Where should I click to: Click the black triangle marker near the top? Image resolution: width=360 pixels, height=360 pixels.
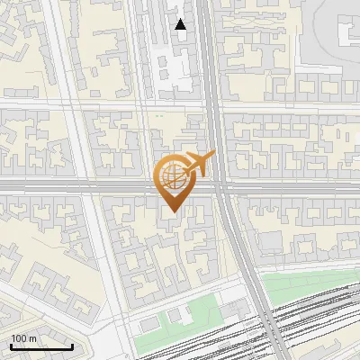181,24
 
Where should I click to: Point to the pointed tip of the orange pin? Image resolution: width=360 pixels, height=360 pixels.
172,213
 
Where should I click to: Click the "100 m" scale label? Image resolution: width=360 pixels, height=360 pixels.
23,338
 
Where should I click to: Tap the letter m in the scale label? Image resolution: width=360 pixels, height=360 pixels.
32,338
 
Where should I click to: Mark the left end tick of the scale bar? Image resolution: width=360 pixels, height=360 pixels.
11,346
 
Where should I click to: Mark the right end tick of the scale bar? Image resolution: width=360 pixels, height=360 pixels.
72,346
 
